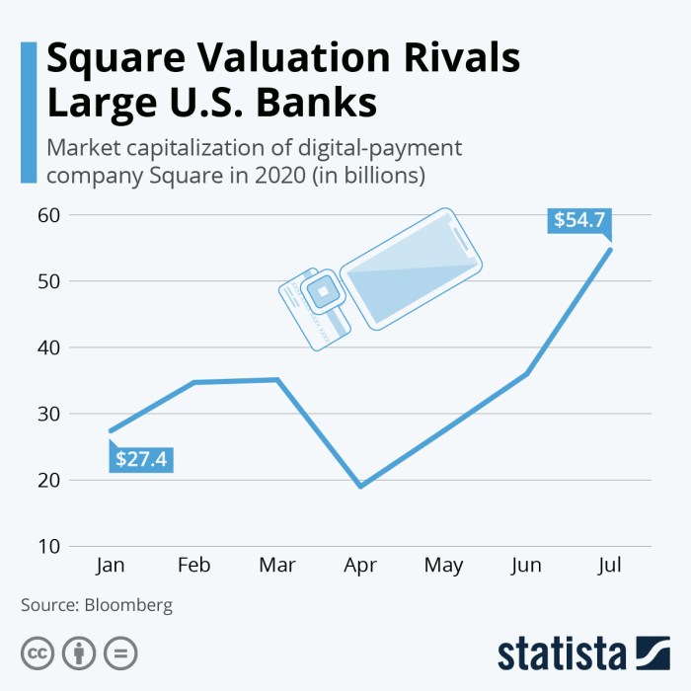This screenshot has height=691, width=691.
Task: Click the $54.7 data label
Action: pyautogui.click(x=578, y=219)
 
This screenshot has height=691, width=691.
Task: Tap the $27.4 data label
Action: pyautogui.click(x=140, y=459)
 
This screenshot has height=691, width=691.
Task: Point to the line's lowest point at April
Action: pyautogui.click(x=360, y=486)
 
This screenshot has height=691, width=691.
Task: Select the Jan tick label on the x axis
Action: pyautogui.click(x=111, y=565)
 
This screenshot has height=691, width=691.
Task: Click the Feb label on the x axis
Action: pyautogui.click(x=193, y=565)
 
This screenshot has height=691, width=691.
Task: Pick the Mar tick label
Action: pyautogui.click(x=276, y=565)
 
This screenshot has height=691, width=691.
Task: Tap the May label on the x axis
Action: pyautogui.click(x=443, y=565)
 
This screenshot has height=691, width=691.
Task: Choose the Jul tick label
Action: pyautogui.click(x=610, y=565)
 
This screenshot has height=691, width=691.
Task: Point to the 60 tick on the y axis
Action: pyautogui.click(x=50, y=215)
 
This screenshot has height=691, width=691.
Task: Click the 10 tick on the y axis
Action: pyautogui.click(x=50, y=546)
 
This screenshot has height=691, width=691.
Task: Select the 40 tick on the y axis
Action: pyautogui.click(x=50, y=347)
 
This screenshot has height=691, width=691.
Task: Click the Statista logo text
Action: pyautogui.click(x=563, y=653)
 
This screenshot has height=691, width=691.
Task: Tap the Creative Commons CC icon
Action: pyautogui.click(x=38, y=653)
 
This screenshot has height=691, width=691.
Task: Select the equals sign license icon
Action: pyautogui.click(x=120, y=653)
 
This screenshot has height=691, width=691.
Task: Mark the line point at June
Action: pyautogui.click(x=527, y=374)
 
